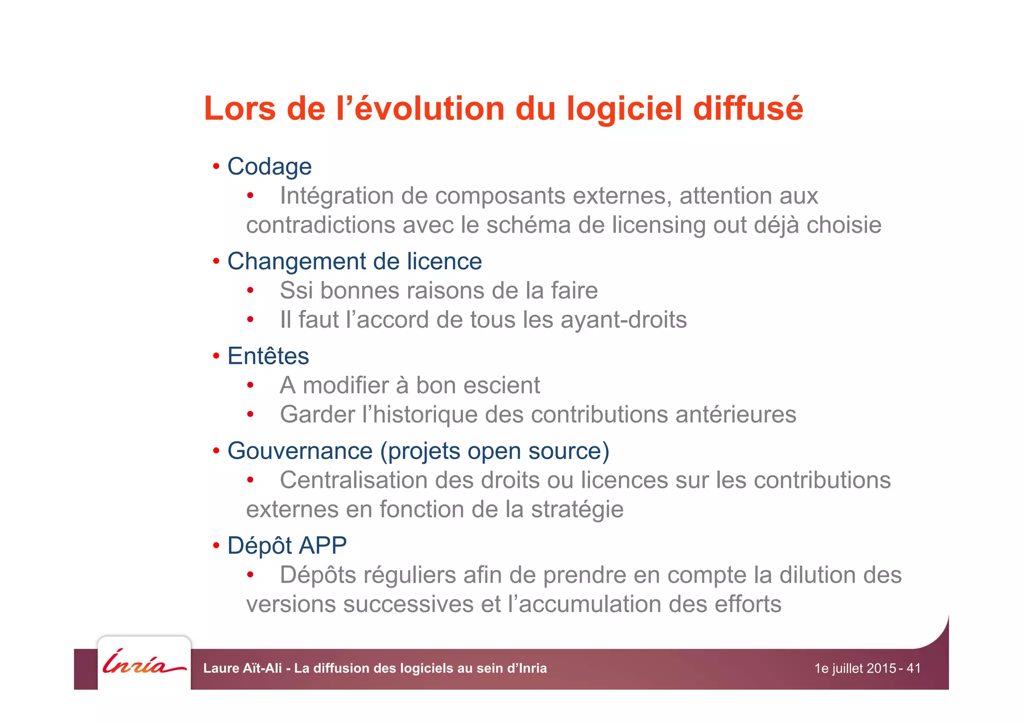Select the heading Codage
click(269, 167)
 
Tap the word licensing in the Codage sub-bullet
click(659, 225)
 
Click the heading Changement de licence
click(354, 261)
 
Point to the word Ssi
click(296, 290)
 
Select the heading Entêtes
click(268, 356)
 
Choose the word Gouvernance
click(300, 451)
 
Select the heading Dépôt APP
click(287, 546)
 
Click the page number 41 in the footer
click(914, 668)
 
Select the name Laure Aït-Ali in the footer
click(242, 668)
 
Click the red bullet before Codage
click(216, 167)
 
